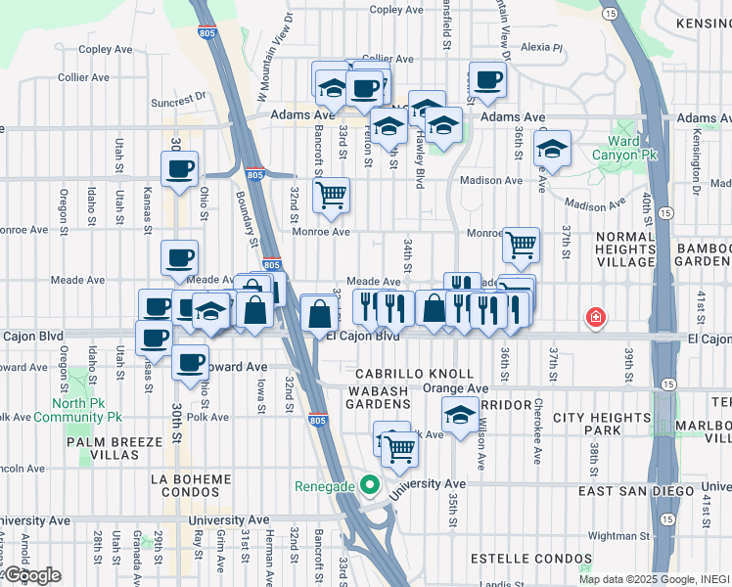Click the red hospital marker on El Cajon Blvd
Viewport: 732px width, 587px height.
coord(594,318)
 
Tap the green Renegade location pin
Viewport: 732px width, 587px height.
coord(369,485)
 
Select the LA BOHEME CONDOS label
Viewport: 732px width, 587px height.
coord(191,479)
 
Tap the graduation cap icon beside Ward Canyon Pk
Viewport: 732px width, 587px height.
coord(553,149)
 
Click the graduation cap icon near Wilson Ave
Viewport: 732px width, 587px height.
coord(460,415)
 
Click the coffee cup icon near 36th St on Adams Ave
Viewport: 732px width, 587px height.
coord(486,80)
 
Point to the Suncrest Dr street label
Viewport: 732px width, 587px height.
coord(179,99)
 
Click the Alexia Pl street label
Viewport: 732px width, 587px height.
coord(542,46)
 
